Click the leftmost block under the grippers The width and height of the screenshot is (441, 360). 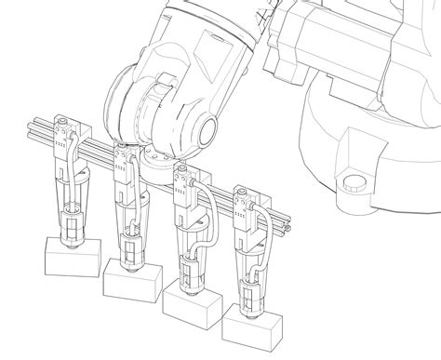click(71, 255)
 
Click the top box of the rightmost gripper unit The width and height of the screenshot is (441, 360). click(244, 199)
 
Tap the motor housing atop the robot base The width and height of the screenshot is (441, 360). click(335, 37)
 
